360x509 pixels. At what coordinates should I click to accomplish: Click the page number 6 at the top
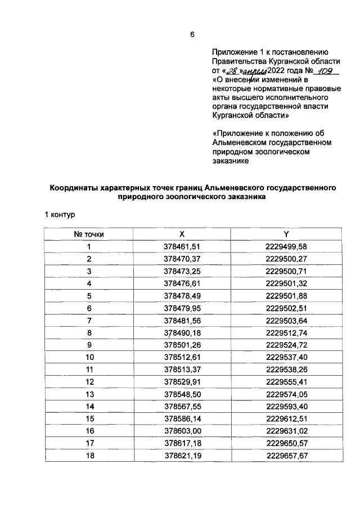click(192, 35)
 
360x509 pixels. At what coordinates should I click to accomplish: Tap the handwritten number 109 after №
click(326, 71)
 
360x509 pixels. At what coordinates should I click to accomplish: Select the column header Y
click(286, 233)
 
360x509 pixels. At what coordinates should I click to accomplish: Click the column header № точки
click(89, 233)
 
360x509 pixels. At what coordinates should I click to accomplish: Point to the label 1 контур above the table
click(60, 214)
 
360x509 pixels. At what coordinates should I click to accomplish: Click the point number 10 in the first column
click(89, 357)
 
